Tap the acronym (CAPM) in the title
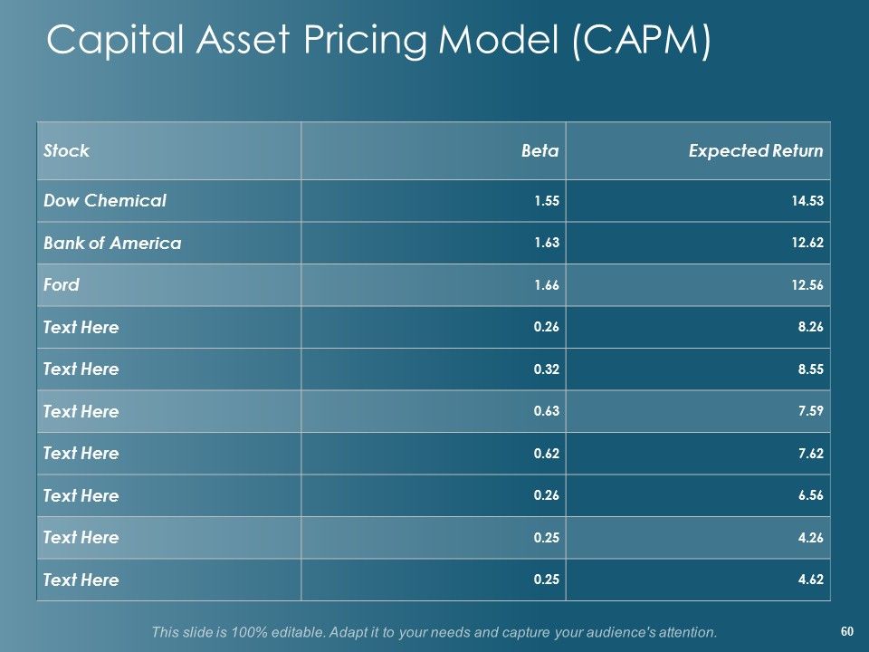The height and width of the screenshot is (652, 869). click(x=641, y=41)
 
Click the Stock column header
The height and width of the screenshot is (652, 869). click(x=66, y=151)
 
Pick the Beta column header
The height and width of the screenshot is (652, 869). click(x=540, y=151)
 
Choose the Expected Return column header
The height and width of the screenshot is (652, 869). click(x=756, y=151)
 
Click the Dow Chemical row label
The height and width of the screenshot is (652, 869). click(x=105, y=201)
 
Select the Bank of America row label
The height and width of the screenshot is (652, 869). click(x=112, y=243)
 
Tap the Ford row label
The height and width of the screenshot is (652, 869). click(x=62, y=285)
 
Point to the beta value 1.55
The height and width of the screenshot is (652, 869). click(x=547, y=201)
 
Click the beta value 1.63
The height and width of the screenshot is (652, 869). click(x=547, y=243)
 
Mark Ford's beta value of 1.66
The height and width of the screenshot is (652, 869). click(x=547, y=285)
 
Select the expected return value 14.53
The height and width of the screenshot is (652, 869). click(x=807, y=201)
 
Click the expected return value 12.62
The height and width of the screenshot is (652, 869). click(x=807, y=243)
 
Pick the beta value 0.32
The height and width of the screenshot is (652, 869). click(x=547, y=369)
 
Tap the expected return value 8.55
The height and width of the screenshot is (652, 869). click(x=811, y=369)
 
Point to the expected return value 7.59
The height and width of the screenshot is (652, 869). click(x=811, y=411)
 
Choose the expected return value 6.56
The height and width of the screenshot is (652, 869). click(x=811, y=495)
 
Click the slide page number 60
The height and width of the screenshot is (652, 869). click(x=847, y=631)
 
